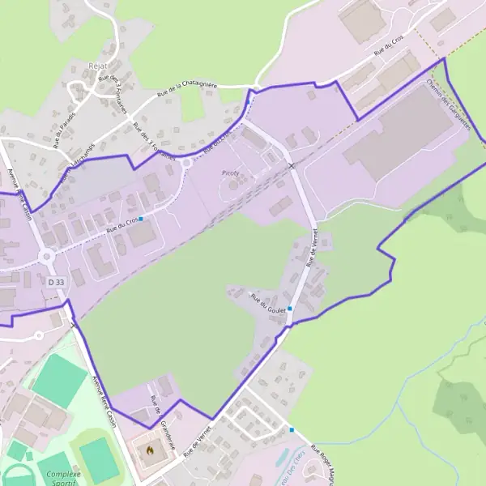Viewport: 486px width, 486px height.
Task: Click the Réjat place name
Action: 95,65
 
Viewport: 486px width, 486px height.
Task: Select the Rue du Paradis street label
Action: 64,129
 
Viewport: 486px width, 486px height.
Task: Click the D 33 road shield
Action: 55,281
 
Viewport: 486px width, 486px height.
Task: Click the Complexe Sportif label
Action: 64,478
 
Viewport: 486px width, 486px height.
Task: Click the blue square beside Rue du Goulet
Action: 289,309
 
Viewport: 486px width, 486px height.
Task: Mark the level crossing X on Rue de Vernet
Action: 292,166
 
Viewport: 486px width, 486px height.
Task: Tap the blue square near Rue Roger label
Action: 292,429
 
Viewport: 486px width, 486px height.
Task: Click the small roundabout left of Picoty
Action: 187,162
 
